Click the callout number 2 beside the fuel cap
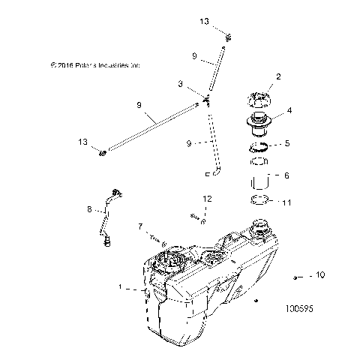(x=278, y=76)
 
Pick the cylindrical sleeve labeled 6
(x=260, y=181)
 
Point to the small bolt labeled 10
(x=297, y=277)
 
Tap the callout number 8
(x=89, y=209)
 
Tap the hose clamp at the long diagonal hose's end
(x=103, y=154)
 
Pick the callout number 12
(x=208, y=199)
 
